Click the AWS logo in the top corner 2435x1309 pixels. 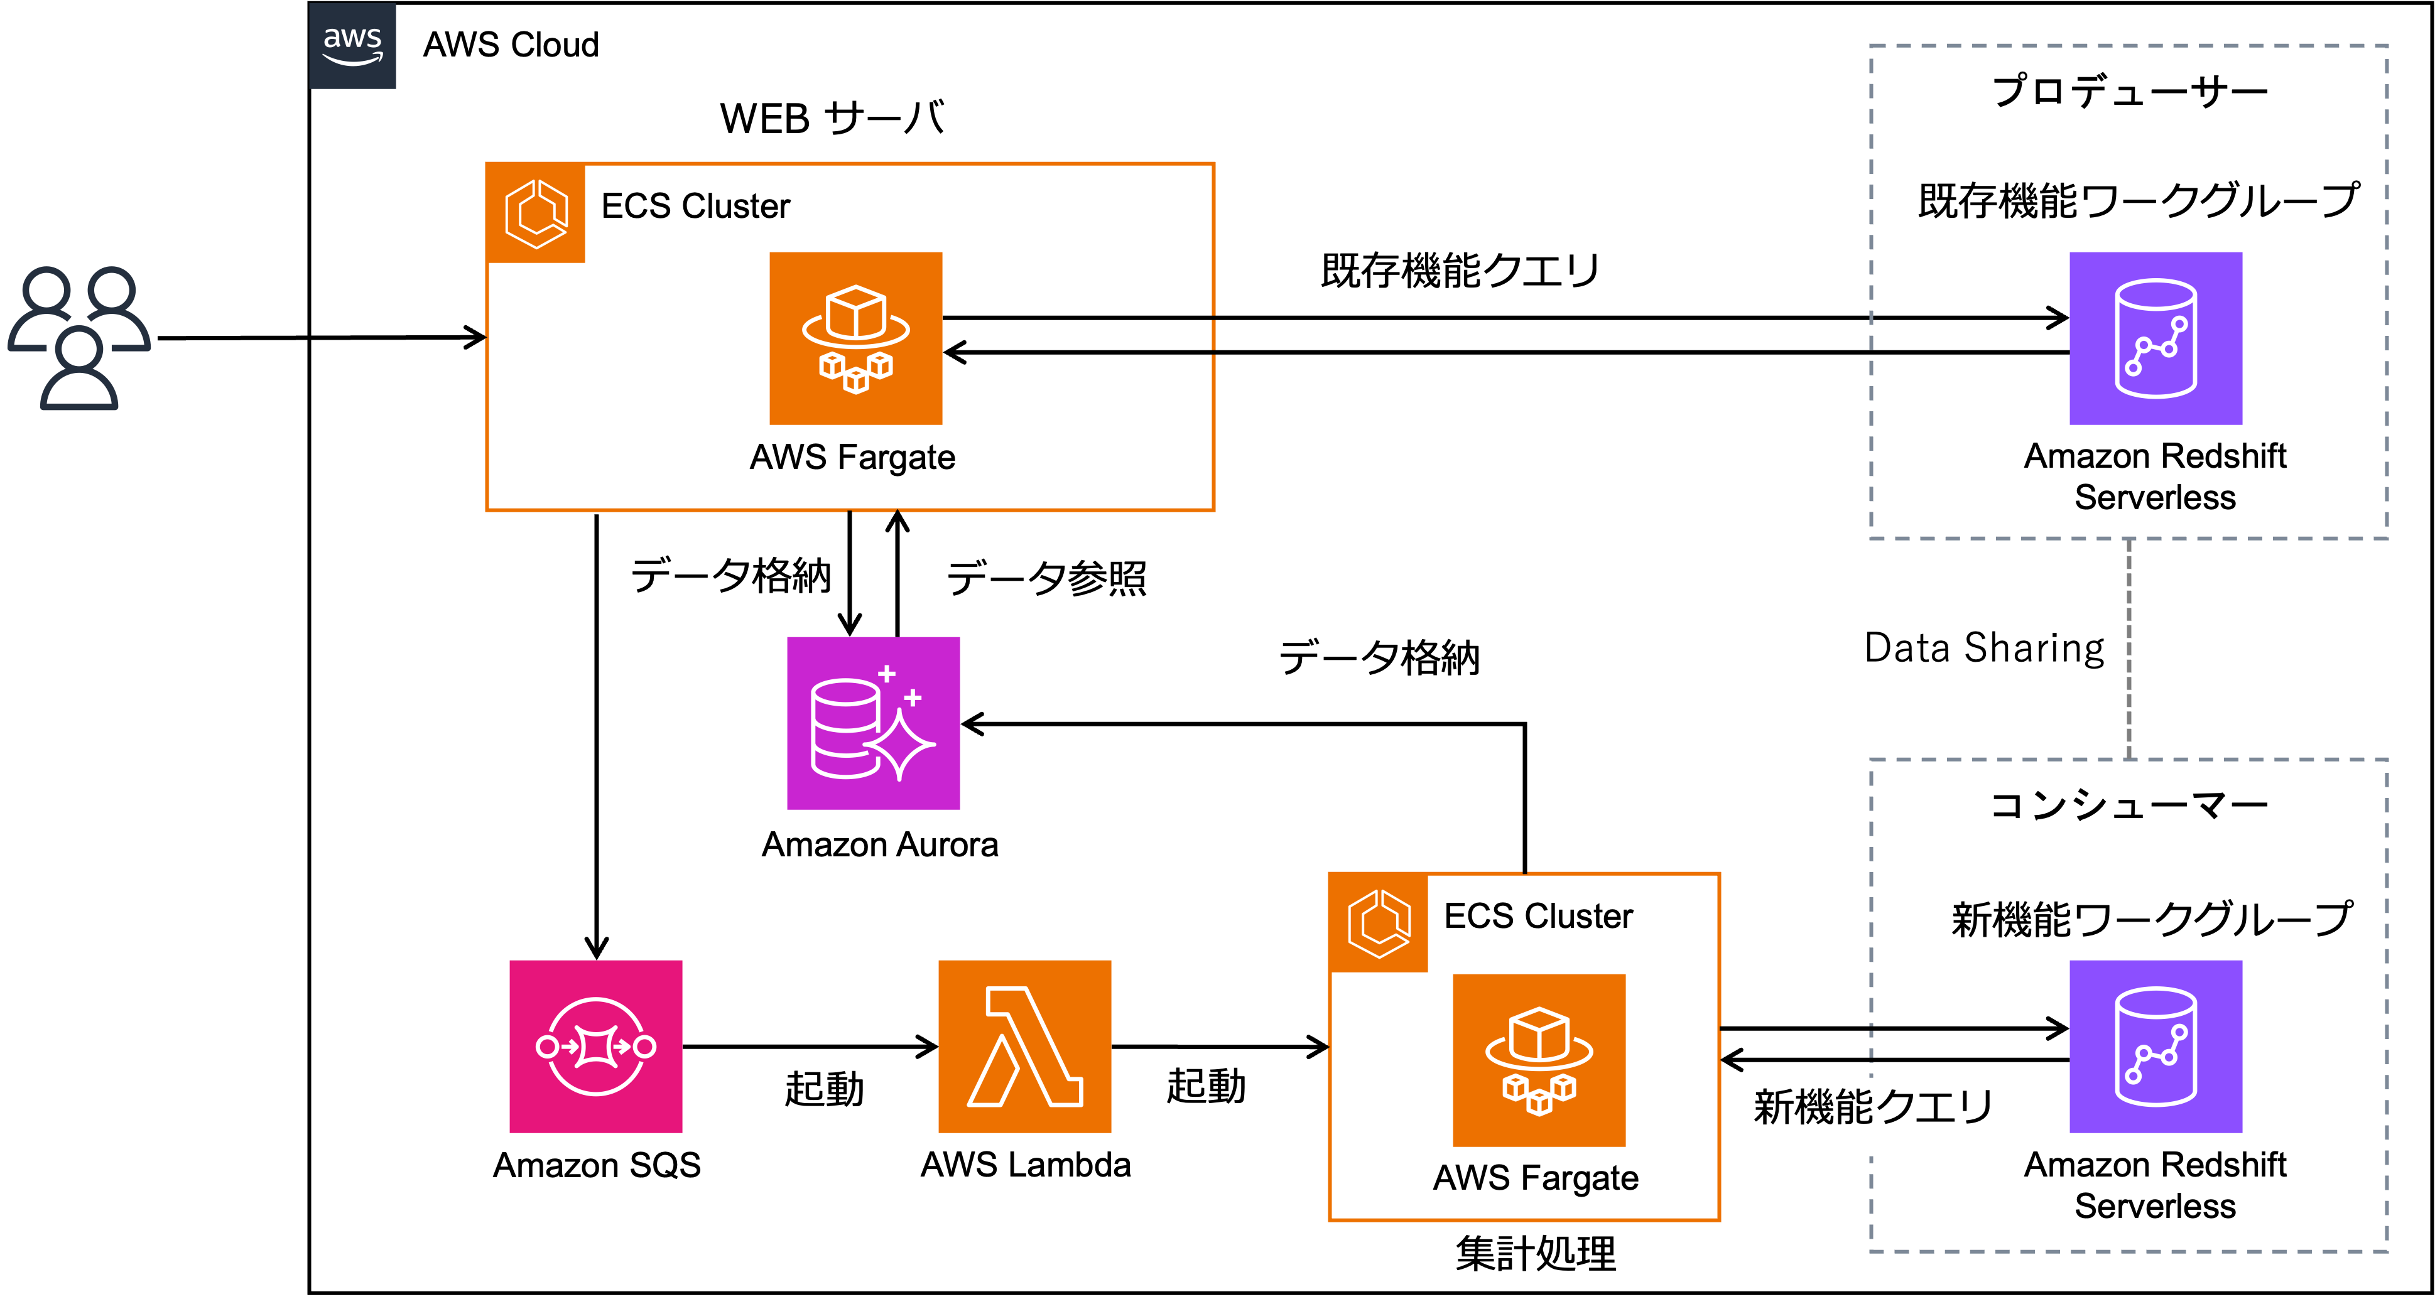pyautogui.click(x=352, y=45)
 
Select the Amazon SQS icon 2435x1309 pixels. pyautogui.click(x=595, y=1046)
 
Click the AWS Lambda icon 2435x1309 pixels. pyautogui.click(x=1024, y=1046)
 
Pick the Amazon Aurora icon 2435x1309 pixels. pyautogui.click(x=874, y=723)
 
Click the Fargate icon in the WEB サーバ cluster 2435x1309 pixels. pyautogui.click(x=855, y=338)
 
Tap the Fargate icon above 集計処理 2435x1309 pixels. pyautogui.click(x=1539, y=1060)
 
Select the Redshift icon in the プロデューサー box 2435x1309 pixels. pyautogui.click(x=2156, y=338)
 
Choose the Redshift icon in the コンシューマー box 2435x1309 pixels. pyautogui.click(x=2156, y=1046)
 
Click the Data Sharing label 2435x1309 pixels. pyautogui.click(x=1984, y=649)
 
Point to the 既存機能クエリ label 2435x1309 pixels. pyautogui.click(x=1460, y=271)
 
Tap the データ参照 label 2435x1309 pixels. pyautogui.click(x=1046, y=578)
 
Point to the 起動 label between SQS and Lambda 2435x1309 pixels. pyautogui.click(x=824, y=1089)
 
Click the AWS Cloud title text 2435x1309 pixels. pyautogui.click(x=511, y=45)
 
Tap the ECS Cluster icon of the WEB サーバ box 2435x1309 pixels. pyautogui.click(x=536, y=213)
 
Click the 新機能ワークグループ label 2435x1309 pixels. pyautogui.click(x=2151, y=918)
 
